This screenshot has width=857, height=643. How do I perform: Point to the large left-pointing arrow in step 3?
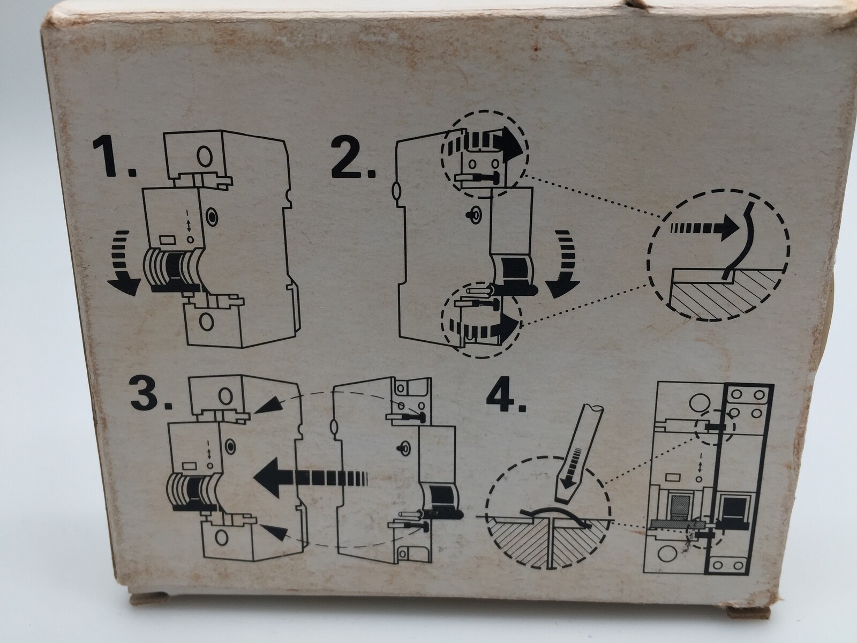pyautogui.click(x=310, y=477)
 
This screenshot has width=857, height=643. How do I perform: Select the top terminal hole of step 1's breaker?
pyautogui.click(x=205, y=156)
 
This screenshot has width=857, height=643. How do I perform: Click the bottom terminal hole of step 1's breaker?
pyautogui.click(x=206, y=322)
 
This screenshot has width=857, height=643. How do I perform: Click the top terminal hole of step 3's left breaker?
pyautogui.click(x=225, y=396)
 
